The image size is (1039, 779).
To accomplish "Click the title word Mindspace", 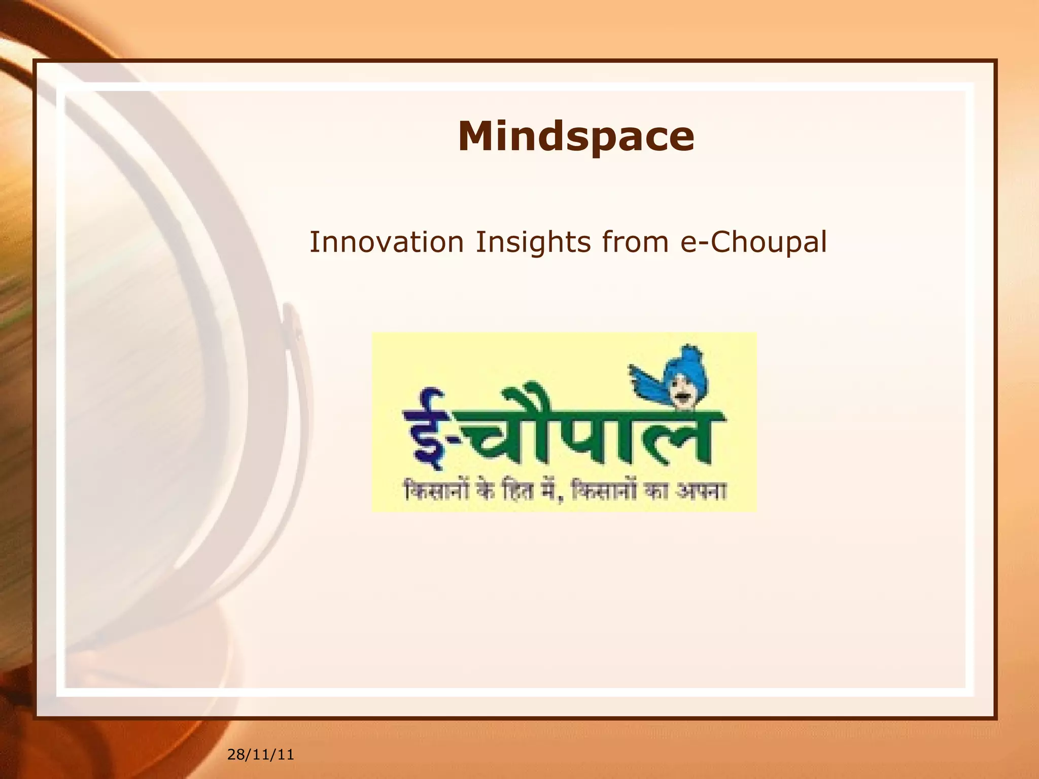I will tap(576, 136).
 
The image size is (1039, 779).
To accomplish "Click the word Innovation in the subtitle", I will tap(387, 242).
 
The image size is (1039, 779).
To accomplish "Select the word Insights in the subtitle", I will tap(533, 242).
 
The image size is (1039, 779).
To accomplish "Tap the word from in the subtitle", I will tap(635, 242).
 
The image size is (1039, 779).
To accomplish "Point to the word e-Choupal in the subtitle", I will tap(753, 242).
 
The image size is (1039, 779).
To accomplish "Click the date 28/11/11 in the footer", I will tap(260, 755).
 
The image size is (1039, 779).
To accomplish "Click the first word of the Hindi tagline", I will tap(437, 490).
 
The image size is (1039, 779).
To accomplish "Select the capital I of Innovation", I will tap(314, 242).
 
